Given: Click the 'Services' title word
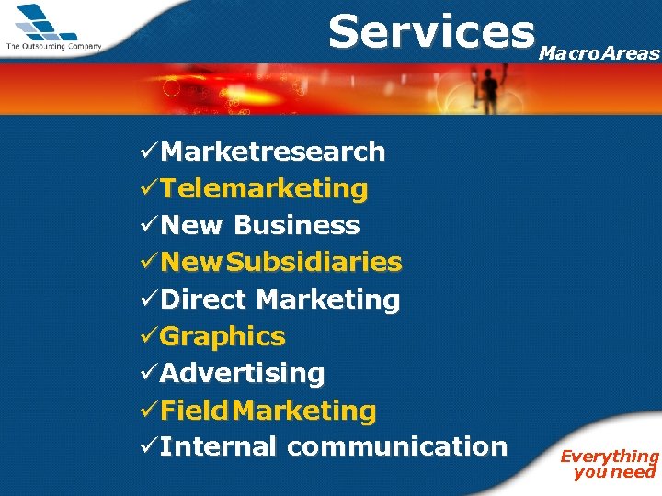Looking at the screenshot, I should point(431,31).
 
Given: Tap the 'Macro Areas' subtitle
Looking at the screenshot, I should point(599,53).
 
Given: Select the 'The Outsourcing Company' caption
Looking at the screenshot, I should point(53,46).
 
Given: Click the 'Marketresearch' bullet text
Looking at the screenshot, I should point(273,152).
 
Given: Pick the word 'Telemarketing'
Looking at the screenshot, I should point(264,189).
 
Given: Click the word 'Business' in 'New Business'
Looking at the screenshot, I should point(297,226).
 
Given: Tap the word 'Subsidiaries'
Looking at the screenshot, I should point(314,263).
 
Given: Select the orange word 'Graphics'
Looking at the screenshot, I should point(223,337).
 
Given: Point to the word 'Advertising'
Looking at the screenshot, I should point(243,374).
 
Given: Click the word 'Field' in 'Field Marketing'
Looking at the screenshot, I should point(193,411).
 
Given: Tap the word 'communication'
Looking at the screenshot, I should point(396,447).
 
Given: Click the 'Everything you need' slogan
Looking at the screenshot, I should point(611,464).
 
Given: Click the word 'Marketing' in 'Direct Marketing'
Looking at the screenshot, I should point(328,299).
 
